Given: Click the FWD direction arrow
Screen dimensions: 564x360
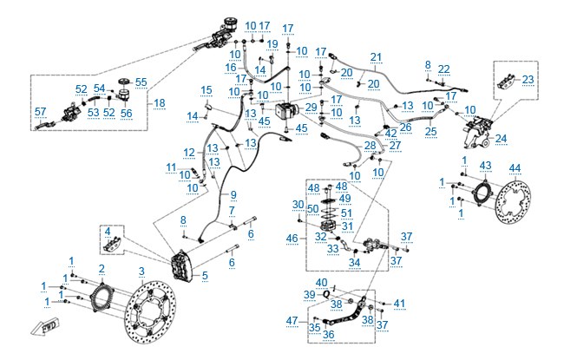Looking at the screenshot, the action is [x=44, y=327].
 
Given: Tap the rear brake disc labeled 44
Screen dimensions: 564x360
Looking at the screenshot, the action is [x=514, y=200].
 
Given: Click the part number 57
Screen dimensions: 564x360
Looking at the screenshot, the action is [x=41, y=112].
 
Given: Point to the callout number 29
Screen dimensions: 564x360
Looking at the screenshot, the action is [x=312, y=108].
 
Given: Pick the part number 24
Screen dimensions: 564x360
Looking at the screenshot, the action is [x=501, y=139].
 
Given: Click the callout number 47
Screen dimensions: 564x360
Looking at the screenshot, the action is [x=292, y=320].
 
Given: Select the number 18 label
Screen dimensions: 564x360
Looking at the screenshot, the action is [x=160, y=103].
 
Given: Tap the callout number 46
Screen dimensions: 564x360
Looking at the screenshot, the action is [x=292, y=238].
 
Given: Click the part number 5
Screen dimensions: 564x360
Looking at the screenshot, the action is [x=205, y=276].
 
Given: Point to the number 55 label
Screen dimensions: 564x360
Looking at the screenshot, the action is [x=141, y=82].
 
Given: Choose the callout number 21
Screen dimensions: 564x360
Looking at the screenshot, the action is [x=376, y=57].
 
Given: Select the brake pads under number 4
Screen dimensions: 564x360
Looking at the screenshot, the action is [x=112, y=245].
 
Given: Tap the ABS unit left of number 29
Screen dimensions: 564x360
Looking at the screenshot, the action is [x=286, y=110].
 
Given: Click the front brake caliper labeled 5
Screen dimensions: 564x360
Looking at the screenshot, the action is [x=182, y=265].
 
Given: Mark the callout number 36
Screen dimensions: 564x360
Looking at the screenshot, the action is [x=328, y=335].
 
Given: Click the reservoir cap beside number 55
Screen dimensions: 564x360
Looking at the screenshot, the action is [x=124, y=82].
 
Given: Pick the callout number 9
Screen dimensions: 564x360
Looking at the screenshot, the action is [x=233, y=195].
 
